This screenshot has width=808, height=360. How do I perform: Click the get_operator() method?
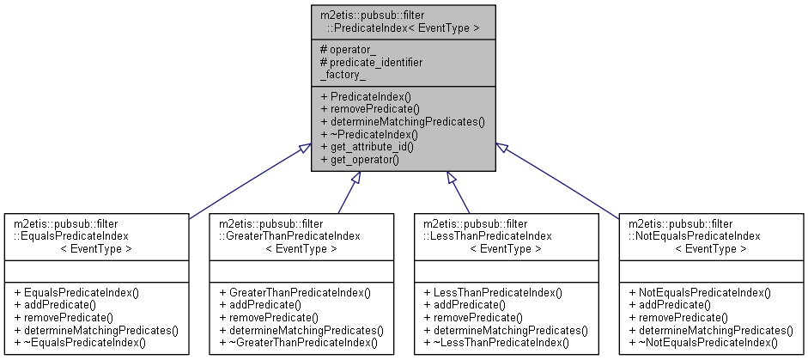[365, 159]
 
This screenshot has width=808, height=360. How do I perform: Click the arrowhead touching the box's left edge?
[305, 149]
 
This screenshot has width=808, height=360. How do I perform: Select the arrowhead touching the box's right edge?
[502, 149]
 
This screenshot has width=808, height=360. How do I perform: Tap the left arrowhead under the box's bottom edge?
[355, 177]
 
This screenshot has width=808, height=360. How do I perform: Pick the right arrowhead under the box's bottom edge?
[451, 177]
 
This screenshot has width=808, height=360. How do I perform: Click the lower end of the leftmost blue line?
[190, 218]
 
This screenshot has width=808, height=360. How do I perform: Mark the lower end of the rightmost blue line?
[617, 218]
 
